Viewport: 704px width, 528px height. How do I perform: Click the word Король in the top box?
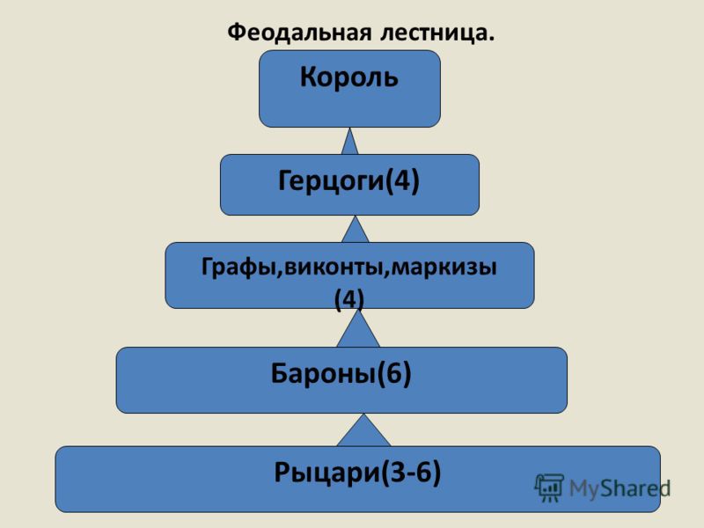pos(349,77)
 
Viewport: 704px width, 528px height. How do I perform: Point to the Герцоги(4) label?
pos(348,181)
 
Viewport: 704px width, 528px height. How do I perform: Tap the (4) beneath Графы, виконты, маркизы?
pos(349,297)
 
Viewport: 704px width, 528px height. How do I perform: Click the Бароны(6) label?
pos(341,374)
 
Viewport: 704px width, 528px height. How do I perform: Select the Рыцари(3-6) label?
pos(357,474)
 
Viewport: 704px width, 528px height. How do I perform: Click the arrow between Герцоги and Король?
pos(350,142)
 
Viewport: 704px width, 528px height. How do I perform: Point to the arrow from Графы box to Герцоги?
pos(355,230)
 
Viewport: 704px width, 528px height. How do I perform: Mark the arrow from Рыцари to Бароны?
pos(363,431)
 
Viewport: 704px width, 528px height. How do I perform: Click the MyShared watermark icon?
pos(549,488)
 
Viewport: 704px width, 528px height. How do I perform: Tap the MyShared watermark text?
pos(619,488)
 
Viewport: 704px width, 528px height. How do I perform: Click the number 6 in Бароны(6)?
pos(395,374)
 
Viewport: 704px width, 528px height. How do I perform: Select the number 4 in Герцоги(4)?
pos(401,181)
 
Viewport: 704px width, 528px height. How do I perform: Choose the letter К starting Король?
pos(310,77)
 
